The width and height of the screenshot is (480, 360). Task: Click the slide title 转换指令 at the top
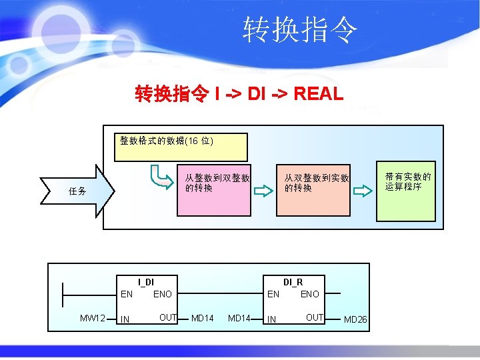[x=300, y=30]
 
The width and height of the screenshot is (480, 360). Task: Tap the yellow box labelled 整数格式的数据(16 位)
[x=181, y=147]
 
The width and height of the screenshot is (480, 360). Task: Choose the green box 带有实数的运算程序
[x=406, y=191]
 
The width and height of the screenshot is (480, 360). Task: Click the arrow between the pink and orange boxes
[x=264, y=191]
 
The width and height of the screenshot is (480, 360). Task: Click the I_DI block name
[x=145, y=282]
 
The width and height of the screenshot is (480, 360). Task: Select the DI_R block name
[x=293, y=282]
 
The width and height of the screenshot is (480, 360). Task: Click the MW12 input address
[x=92, y=319]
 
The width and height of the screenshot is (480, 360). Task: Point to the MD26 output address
[x=355, y=320]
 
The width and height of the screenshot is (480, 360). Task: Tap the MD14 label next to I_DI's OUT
[x=202, y=319]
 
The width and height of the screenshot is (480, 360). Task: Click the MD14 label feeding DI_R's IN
[x=239, y=319]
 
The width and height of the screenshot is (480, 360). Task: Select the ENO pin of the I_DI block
[x=163, y=294]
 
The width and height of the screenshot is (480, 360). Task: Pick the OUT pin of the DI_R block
[x=314, y=317]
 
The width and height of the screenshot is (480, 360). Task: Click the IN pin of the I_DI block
[x=125, y=320]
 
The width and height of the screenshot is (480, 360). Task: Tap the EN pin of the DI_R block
[x=273, y=294]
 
